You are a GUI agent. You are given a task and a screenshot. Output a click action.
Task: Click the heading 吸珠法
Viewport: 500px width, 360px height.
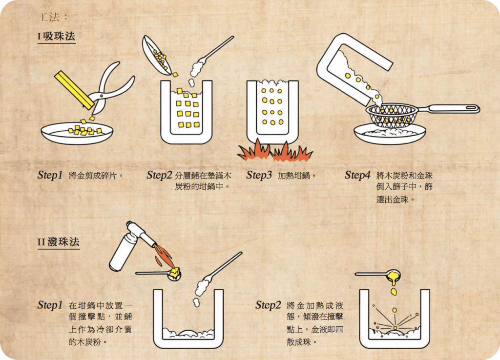[x=59, y=36]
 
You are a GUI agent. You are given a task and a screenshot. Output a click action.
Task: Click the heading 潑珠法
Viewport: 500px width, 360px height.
[x=63, y=242]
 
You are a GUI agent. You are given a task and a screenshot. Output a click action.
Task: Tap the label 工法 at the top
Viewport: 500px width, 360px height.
[x=49, y=17]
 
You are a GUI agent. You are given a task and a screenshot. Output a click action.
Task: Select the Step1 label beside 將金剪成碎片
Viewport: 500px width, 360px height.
[x=50, y=175]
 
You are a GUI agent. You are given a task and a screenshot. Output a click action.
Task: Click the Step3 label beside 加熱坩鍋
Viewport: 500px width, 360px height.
[x=259, y=175]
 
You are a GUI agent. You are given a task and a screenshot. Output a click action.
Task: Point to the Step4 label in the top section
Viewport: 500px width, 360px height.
[x=357, y=175]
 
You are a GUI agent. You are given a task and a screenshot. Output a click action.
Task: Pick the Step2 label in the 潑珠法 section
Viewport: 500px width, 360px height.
[x=268, y=305]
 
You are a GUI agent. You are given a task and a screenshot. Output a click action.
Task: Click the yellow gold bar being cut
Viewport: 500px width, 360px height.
[x=75, y=90]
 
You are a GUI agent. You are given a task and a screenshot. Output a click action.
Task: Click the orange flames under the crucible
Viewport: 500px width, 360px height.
[x=274, y=151]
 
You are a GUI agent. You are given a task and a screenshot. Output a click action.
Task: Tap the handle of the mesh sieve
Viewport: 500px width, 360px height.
[x=450, y=109]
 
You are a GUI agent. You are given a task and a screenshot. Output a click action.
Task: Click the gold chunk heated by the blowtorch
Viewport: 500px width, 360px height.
[x=175, y=272]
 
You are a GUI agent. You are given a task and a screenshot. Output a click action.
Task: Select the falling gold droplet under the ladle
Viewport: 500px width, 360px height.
[x=394, y=292]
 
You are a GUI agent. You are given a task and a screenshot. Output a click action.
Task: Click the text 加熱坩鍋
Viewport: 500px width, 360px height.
[x=293, y=176]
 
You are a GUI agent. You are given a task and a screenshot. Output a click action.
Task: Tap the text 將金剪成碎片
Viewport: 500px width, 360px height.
[x=93, y=176]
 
